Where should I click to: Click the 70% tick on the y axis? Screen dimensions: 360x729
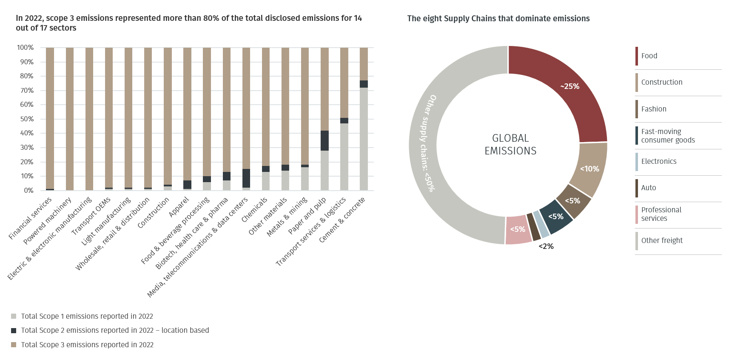25,91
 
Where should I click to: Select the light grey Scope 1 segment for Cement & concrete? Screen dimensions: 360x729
364,139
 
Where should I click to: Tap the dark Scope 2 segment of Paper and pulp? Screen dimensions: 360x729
325,141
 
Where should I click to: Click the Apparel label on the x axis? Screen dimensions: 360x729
179,207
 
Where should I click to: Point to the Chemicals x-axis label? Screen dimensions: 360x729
254,209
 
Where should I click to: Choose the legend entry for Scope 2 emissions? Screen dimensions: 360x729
115,330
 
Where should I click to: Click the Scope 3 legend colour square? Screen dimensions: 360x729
14,345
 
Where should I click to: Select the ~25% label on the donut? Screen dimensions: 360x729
570,86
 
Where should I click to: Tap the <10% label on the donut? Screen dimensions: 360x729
589,169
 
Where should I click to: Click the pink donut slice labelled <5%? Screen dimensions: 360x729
518,229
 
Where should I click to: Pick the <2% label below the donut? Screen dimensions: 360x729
546,246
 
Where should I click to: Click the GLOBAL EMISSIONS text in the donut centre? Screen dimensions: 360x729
510,145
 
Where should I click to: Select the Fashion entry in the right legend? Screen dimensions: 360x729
654,109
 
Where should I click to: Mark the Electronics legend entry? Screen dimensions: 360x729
658,161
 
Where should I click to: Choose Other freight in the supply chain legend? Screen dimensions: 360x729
662,240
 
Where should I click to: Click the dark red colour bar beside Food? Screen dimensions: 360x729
637,56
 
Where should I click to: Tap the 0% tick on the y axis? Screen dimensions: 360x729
28,191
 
